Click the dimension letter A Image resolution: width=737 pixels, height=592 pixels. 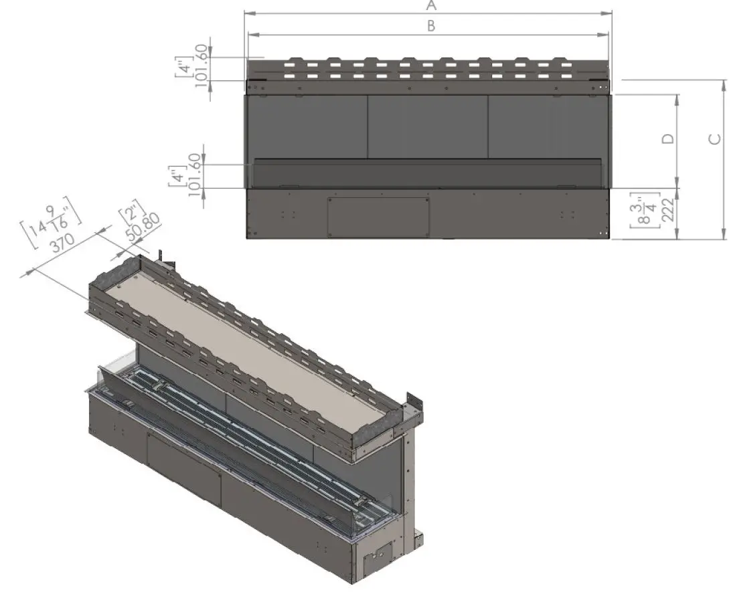432,6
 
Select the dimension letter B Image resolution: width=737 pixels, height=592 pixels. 432,26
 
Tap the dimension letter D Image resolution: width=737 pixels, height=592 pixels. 667,139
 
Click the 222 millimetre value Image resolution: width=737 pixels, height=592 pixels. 667,213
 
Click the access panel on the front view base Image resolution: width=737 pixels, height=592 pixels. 378,215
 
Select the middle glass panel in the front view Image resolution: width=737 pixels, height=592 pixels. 428,126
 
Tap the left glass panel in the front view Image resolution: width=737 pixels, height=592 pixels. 306,126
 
